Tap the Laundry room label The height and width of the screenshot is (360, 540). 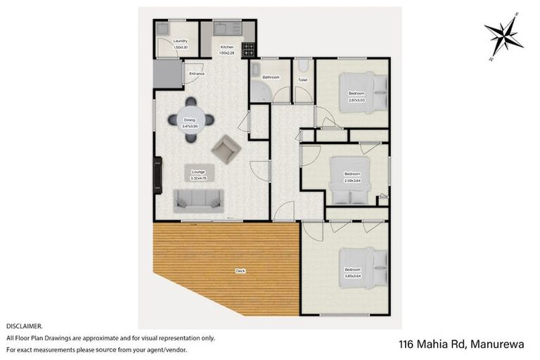pos(181,42)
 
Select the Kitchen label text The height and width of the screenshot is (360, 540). pos(226,47)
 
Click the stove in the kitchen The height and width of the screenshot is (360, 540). pos(248,50)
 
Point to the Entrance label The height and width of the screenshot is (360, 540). pos(196,73)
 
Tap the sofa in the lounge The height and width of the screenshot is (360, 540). pos(199,200)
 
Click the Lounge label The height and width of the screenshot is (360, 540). pos(198,172)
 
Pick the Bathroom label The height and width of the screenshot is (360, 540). pos(271,77)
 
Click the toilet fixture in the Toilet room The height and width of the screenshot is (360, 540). pos(303,66)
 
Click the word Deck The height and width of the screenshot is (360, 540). pos(240,271)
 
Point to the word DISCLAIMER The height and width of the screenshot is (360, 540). pos(24,326)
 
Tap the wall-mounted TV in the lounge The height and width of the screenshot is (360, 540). pos(157,172)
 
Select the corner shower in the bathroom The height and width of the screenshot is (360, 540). pos(257,90)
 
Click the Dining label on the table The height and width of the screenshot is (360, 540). pos(190,120)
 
